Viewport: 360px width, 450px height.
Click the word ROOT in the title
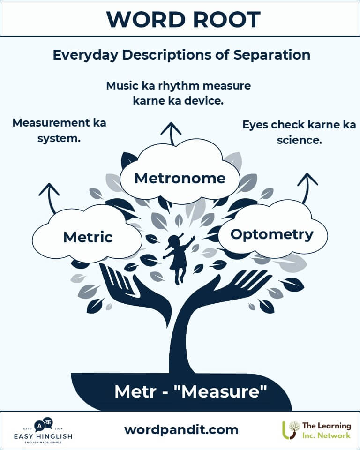[223, 19]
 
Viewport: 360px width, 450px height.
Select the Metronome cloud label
[180, 178]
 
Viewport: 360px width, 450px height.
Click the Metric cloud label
[88, 237]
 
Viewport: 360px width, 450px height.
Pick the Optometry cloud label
[272, 234]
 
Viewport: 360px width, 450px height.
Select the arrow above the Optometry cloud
[307, 185]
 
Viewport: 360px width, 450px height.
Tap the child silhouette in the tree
[178, 258]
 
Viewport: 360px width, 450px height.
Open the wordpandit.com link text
[181, 429]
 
